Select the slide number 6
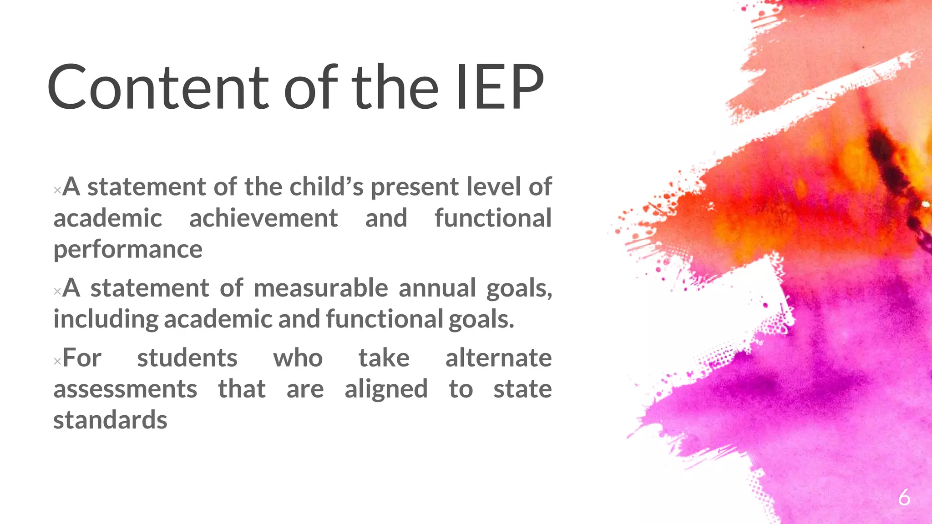click(x=904, y=497)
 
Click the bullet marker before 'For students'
click(x=57, y=362)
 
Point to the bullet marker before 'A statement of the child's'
click(x=57, y=190)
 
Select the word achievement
click(x=263, y=218)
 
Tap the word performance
click(x=128, y=249)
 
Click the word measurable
click(x=321, y=288)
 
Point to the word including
click(x=106, y=319)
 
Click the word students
click(x=187, y=358)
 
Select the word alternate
click(x=498, y=358)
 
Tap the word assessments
click(x=125, y=389)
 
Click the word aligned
click(x=386, y=389)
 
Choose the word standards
click(x=110, y=420)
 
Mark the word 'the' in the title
click(x=395, y=87)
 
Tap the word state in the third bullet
click(x=522, y=389)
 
